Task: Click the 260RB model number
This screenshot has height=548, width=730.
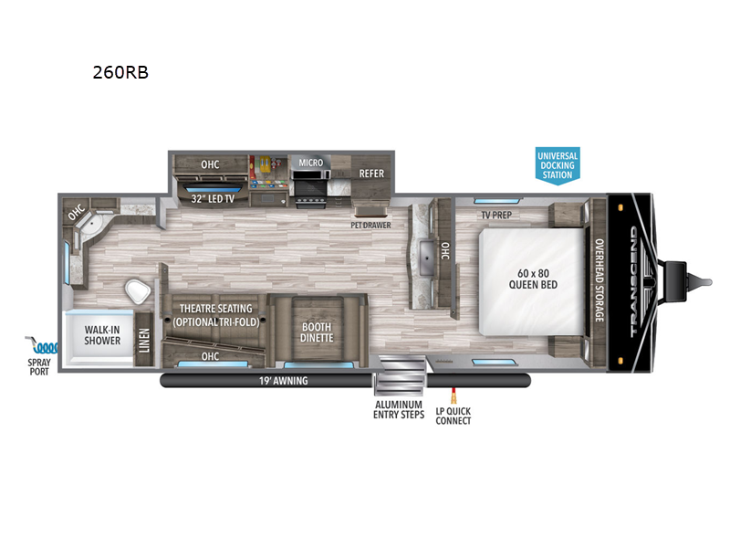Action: tap(120, 74)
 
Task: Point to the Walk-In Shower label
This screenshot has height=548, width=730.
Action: tap(103, 334)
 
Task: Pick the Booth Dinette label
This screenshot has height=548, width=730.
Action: tap(317, 331)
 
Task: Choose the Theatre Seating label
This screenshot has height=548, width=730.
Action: tap(216, 314)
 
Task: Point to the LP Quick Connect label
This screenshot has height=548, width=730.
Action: tap(454, 416)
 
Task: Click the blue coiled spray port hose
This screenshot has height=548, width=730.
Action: tap(43, 346)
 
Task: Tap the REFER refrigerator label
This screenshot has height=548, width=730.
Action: tap(370, 173)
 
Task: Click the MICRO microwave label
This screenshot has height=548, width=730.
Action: tap(311, 163)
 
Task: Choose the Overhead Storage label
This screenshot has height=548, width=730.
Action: tap(600, 281)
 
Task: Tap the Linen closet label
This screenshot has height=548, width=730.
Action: tap(144, 341)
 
